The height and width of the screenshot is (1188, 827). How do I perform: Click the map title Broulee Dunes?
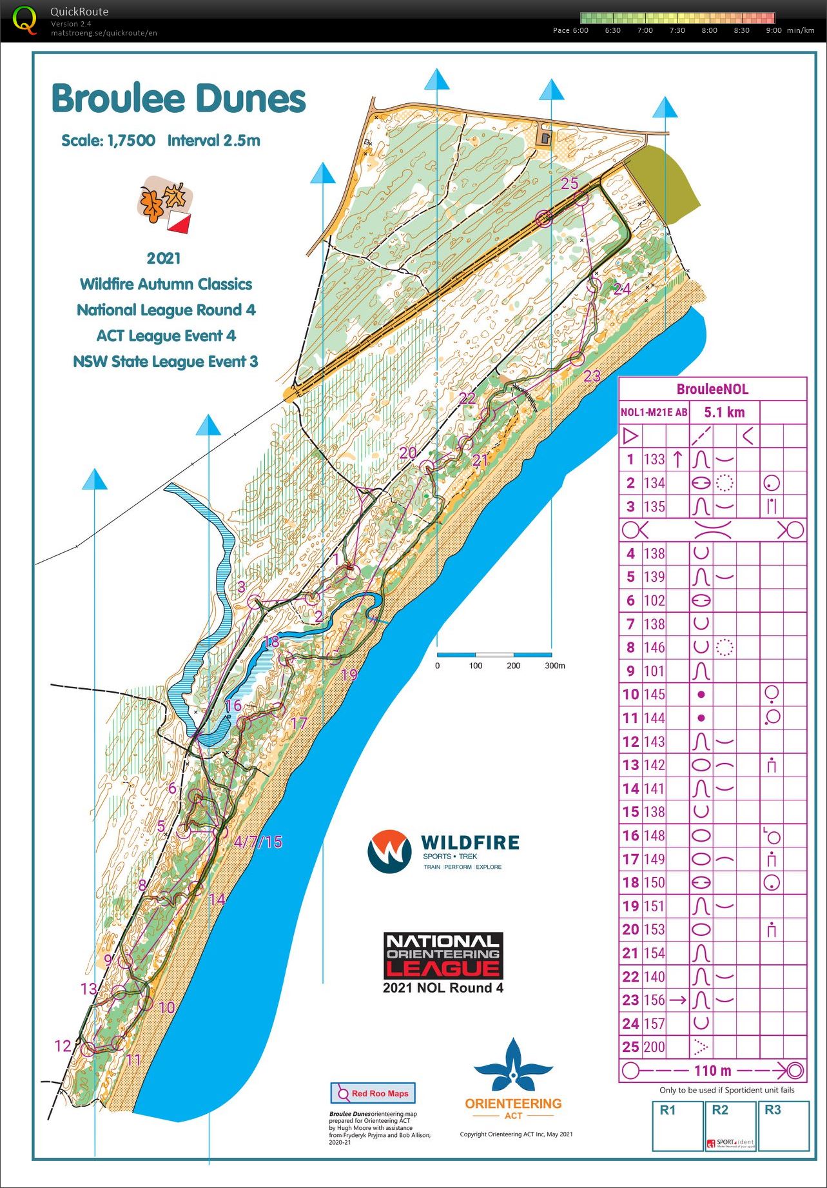[179, 99]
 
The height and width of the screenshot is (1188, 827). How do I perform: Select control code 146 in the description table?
[654, 648]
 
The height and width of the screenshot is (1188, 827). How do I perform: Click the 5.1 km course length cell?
[724, 413]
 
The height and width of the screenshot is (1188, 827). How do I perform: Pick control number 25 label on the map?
[569, 184]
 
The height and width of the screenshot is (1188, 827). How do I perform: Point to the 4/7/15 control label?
[258, 842]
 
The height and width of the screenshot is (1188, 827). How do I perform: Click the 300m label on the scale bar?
[554, 666]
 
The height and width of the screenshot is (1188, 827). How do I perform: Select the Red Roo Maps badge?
[373, 1093]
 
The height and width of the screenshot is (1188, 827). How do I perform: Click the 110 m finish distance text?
[713, 1071]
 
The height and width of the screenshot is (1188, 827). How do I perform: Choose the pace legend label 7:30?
[677, 30]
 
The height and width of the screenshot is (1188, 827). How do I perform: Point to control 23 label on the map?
[592, 376]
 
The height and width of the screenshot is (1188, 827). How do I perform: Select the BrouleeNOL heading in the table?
[712, 389]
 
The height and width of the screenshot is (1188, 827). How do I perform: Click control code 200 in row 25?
[654, 1047]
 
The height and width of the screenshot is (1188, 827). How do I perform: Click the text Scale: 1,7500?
[108, 141]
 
